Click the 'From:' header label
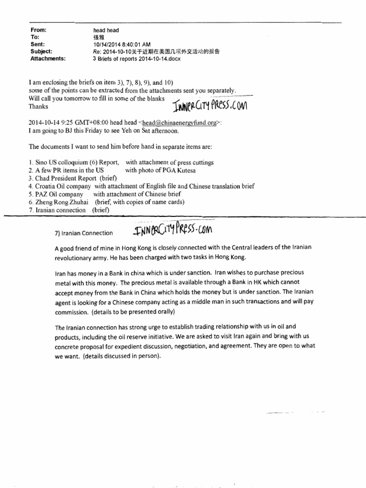(38, 30)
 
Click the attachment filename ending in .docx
(137, 59)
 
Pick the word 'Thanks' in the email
(39, 106)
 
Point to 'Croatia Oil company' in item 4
(63, 186)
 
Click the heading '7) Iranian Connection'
(84, 233)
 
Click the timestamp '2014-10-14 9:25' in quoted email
(51, 122)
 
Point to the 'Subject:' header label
(41, 51)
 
